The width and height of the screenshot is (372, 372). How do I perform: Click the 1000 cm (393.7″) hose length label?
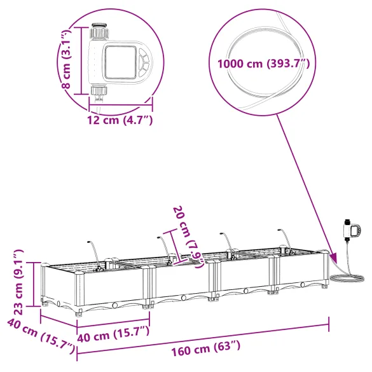262,64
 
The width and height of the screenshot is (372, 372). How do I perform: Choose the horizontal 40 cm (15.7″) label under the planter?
113,332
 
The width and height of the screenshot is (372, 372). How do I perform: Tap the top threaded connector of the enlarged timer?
99,32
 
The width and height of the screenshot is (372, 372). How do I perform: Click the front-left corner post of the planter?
79,293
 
